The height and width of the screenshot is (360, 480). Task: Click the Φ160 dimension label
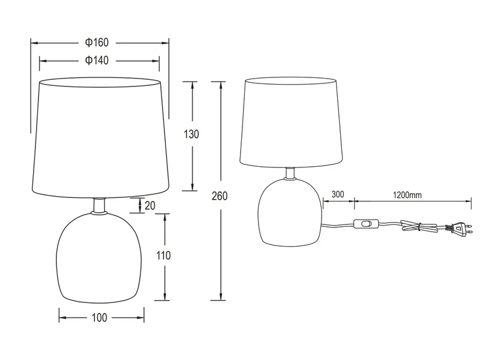coord(97,43)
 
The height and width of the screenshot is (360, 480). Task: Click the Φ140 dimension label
coord(97,60)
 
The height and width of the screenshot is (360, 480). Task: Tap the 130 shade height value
coord(191,134)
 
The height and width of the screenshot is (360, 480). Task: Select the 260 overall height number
coord(220,196)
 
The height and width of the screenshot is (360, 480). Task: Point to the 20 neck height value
coord(150,205)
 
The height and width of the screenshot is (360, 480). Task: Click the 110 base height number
coord(163,256)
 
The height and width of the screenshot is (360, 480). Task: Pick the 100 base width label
coord(101,317)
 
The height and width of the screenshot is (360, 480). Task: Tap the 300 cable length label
coord(337,194)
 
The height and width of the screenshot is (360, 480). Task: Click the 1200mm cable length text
coord(407,194)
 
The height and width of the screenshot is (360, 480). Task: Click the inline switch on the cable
coord(367,224)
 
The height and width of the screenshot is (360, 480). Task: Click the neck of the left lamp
coord(100,205)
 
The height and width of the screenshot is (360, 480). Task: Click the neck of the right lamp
coord(290,173)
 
